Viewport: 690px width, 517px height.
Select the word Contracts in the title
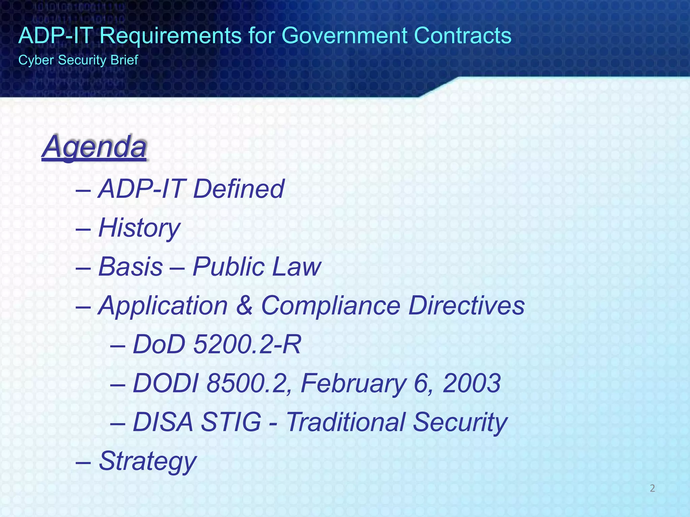click(463, 35)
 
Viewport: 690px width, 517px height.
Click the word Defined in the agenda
click(239, 189)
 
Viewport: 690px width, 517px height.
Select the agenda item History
click(139, 228)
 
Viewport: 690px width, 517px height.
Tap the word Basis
click(131, 267)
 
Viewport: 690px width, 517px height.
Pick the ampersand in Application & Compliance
click(245, 306)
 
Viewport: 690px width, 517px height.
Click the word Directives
click(467, 306)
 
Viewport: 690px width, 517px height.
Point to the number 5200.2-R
click(247, 345)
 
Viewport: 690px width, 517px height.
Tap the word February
click(353, 383)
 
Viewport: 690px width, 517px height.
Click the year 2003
click(472, 383)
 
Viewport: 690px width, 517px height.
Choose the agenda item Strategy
click(147, 461)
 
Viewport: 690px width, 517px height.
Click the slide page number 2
click(652, 488)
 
